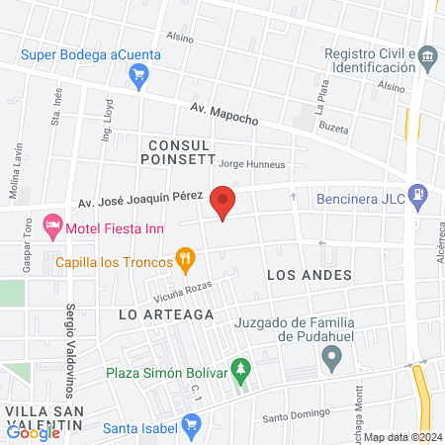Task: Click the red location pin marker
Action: [223, 203]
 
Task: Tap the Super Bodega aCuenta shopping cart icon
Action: [139, 73]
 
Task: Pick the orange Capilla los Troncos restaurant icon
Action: [184, 262]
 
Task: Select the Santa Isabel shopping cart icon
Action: [193, 427]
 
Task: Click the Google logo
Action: [33, 432]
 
